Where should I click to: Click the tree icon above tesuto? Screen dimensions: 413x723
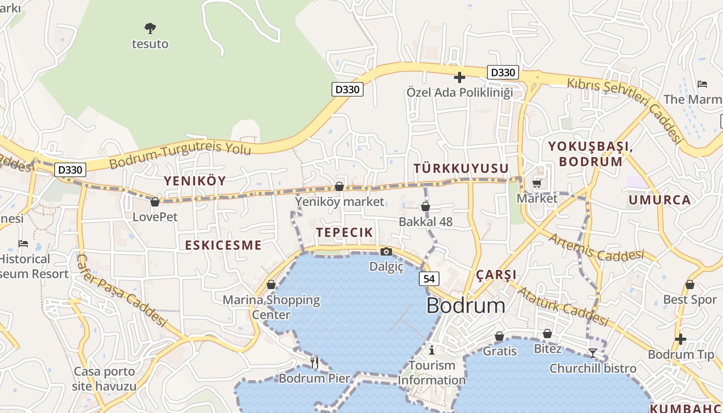[x=150, y=28]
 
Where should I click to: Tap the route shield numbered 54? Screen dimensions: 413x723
[x=429, y=279]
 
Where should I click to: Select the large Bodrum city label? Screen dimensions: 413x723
[x=466, y=306]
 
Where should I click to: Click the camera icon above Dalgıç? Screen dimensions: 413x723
[x=386, y=251]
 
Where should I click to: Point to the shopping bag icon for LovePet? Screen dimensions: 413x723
[x=154, y=201]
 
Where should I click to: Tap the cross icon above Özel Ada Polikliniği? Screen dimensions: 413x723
[x=459, y=77]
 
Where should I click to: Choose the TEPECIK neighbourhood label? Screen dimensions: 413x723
[x=344, y=232]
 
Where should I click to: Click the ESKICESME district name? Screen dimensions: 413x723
[x=223, y=245]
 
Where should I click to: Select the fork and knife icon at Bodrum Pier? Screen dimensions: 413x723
[x=315, y=362]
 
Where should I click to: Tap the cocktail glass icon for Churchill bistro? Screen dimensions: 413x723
[x=593, y=353]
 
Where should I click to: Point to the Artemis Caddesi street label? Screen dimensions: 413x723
[x=596, y=248]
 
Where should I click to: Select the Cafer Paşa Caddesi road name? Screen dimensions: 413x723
[x=123, y=290]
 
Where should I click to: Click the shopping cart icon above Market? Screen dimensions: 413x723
[x=537, y=183]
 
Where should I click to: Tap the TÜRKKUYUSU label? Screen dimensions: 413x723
[x=461, y=168]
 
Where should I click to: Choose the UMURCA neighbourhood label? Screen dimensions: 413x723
[x=659, y=200]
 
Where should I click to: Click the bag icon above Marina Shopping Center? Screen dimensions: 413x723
[x=271, y=284]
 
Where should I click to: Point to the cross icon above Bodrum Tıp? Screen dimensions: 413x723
[x=681, y=339]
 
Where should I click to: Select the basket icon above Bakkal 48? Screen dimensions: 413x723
[x=426, y=207]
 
